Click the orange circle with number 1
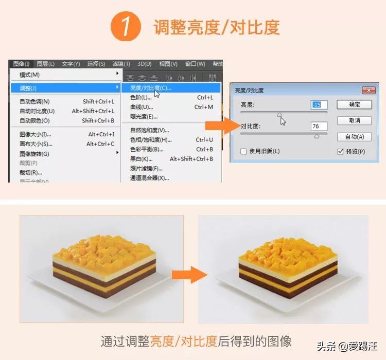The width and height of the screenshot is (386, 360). tap(126, 27)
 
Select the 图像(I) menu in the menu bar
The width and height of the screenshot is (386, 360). tap(22, 64)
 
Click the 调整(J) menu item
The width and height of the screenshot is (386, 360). tap(28, 88)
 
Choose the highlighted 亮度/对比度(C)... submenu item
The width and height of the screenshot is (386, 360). tap(150, 88)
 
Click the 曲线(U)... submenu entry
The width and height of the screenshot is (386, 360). tap(142, 107)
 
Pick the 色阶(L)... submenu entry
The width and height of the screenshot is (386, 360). tap(141, 97)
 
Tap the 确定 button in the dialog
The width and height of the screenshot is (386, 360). tap(354, 104)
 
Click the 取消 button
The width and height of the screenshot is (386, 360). tap(354, 120)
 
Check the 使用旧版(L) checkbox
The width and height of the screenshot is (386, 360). tap(244, 151)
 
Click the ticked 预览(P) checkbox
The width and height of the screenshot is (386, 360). tap(340, 151)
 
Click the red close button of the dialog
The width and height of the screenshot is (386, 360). tap(369, 91)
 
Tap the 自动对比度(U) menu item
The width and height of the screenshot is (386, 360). tap(37, 111)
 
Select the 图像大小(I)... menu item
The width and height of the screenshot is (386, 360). tap(36, 134)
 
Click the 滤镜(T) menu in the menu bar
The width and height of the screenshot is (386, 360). tap(121, 64)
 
